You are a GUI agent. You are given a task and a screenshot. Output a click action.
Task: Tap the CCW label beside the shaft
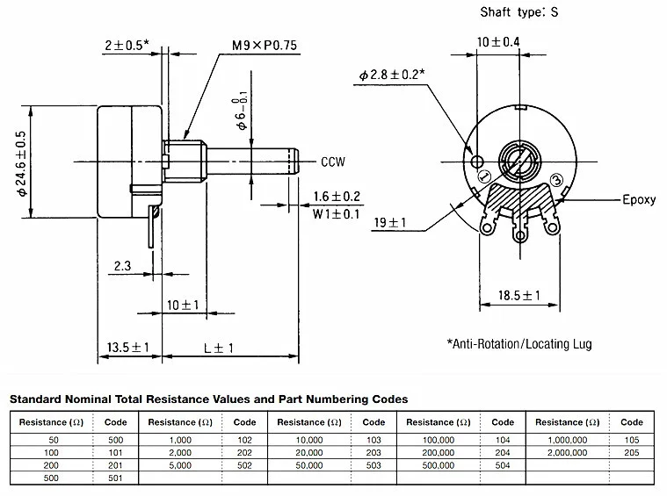[334, 162]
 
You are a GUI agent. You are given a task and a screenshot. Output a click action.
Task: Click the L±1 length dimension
[218, 348]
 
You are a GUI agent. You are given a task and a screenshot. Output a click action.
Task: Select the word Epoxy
[639, 199]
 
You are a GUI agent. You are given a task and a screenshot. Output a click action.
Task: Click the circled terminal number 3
[556, 181]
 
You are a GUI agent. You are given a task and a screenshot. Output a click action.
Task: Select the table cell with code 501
[116, 478]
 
